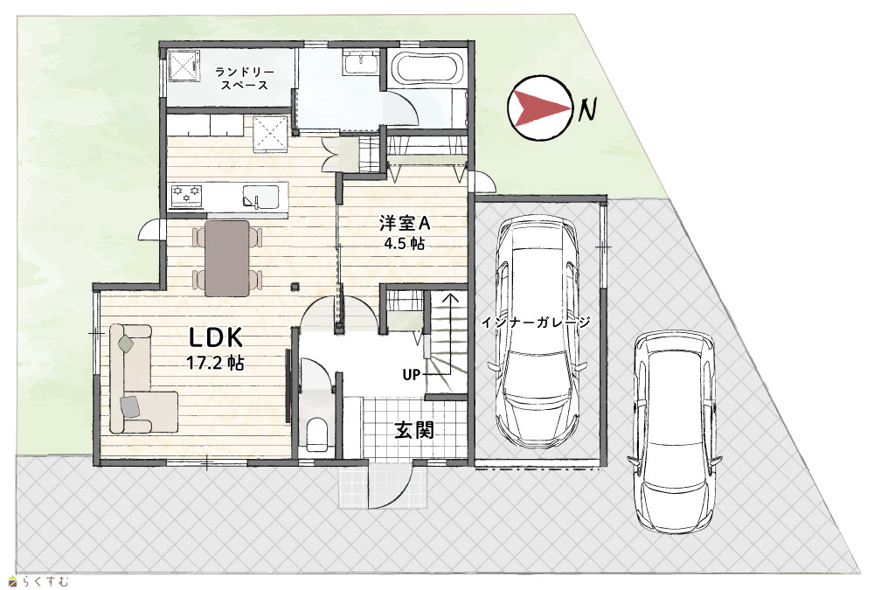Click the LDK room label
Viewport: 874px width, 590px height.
216,338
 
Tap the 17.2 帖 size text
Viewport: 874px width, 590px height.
215,363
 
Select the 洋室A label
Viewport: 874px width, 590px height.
405,224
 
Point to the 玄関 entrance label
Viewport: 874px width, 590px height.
414,430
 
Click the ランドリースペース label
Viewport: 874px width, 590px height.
244,79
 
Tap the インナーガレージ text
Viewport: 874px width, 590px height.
535,323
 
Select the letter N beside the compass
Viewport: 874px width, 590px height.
586,109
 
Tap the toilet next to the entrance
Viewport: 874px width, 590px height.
317,434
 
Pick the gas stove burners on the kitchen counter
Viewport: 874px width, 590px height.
187,196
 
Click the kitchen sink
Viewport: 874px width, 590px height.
260,196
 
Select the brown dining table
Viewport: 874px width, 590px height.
227,258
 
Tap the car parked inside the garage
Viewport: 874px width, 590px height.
538,332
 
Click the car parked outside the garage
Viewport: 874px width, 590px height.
675,432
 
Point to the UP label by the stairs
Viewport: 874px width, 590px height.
412,375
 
